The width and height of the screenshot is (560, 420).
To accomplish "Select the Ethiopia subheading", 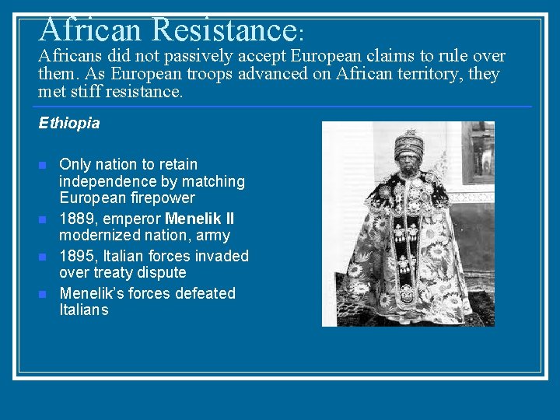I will (69, 123).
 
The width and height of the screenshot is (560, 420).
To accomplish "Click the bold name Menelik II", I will (199, 219).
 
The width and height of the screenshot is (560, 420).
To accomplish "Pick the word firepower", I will (161, 198).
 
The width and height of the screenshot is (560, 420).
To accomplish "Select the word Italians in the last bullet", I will (84, 310).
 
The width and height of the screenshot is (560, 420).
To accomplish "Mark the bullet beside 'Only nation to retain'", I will (43, 165).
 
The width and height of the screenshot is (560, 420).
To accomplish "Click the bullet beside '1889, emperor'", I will (43, 219).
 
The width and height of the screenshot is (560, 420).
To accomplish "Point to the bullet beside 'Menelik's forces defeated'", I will (43, 294).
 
